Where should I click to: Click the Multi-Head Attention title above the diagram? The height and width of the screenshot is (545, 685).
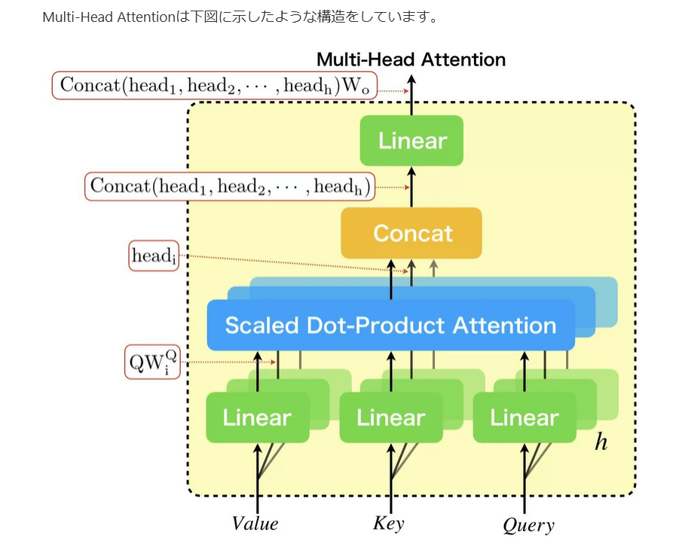pos(411,60)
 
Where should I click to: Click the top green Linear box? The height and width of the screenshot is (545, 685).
pos(411,140)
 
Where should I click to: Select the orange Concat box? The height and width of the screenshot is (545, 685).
pos(411,233)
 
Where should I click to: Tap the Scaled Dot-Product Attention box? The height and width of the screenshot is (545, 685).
pos(390,325)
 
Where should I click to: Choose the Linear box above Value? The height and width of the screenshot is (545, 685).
pos(257,417)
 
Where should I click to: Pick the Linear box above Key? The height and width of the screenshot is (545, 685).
pos(390,417)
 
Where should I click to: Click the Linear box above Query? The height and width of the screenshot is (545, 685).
pos(524,417)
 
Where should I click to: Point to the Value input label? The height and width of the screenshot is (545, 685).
pos(255,524)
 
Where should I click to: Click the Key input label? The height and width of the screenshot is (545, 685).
pos(389,523)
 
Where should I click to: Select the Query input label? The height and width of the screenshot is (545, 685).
pos(528,525)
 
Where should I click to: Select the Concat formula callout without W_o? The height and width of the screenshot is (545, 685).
pos(231,185)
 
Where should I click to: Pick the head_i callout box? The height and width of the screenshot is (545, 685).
pos(154,256)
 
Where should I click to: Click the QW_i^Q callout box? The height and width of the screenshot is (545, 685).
pos(151,363)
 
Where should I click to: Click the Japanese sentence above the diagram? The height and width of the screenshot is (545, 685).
pos(240,17)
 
